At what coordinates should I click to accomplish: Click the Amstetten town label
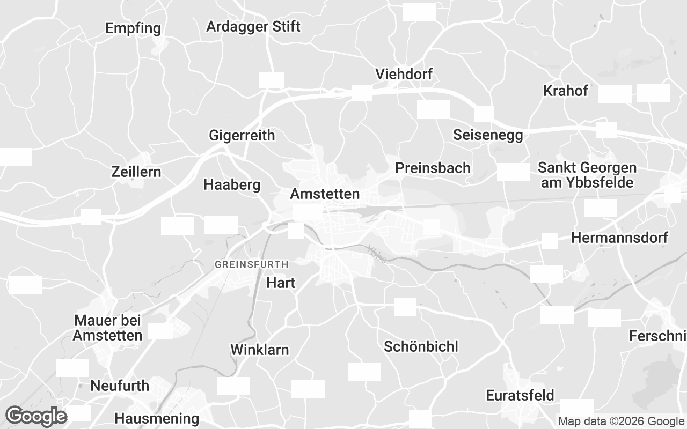pos(325,194)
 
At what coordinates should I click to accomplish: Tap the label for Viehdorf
pos(404,74)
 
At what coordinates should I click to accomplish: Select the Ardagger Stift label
pos(253,26)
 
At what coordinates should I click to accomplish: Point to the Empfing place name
pos(133,28)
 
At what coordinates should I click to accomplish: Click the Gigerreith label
pos(242,136)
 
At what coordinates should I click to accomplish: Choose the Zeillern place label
pos(136,172)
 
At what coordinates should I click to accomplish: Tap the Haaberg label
pos(232,185)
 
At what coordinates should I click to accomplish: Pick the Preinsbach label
pos(433,168)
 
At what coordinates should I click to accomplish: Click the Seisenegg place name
pos(488,135)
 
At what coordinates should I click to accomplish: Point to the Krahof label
pos(566,91)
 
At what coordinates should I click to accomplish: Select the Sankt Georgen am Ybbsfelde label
pos(587,175)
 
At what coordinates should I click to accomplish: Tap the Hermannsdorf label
pos(620,238)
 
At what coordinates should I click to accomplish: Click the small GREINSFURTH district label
pos(251,264)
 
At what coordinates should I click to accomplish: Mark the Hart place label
pos(281,283)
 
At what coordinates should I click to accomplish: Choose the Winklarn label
pos(260,350)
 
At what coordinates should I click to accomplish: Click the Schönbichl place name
pos(421,346)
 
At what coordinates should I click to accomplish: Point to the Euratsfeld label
pos(520,396)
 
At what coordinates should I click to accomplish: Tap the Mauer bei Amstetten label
pos(108,328)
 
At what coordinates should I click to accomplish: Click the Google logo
pos(36,416)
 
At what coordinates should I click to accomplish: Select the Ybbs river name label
pos(377,254)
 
